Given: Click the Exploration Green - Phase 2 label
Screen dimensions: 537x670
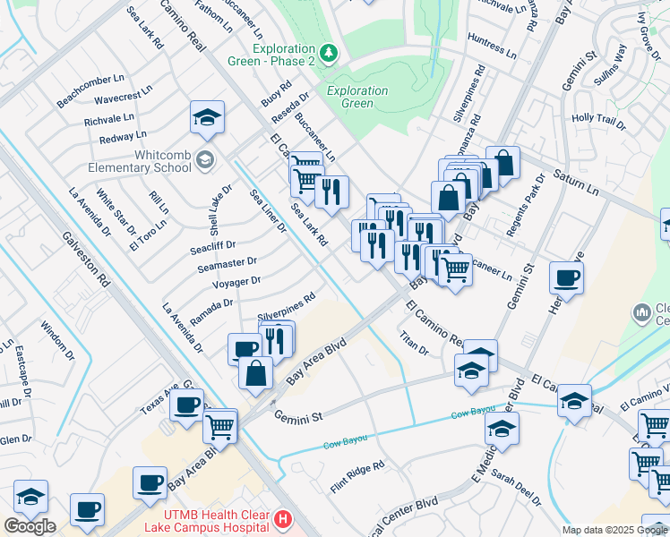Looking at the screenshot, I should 284,55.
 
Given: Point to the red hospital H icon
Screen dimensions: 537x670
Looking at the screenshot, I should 283,518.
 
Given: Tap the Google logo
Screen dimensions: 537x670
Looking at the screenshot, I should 30,526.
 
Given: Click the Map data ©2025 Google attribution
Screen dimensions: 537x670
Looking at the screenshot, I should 614,530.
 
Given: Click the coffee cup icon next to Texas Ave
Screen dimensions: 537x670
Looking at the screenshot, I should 186,405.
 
